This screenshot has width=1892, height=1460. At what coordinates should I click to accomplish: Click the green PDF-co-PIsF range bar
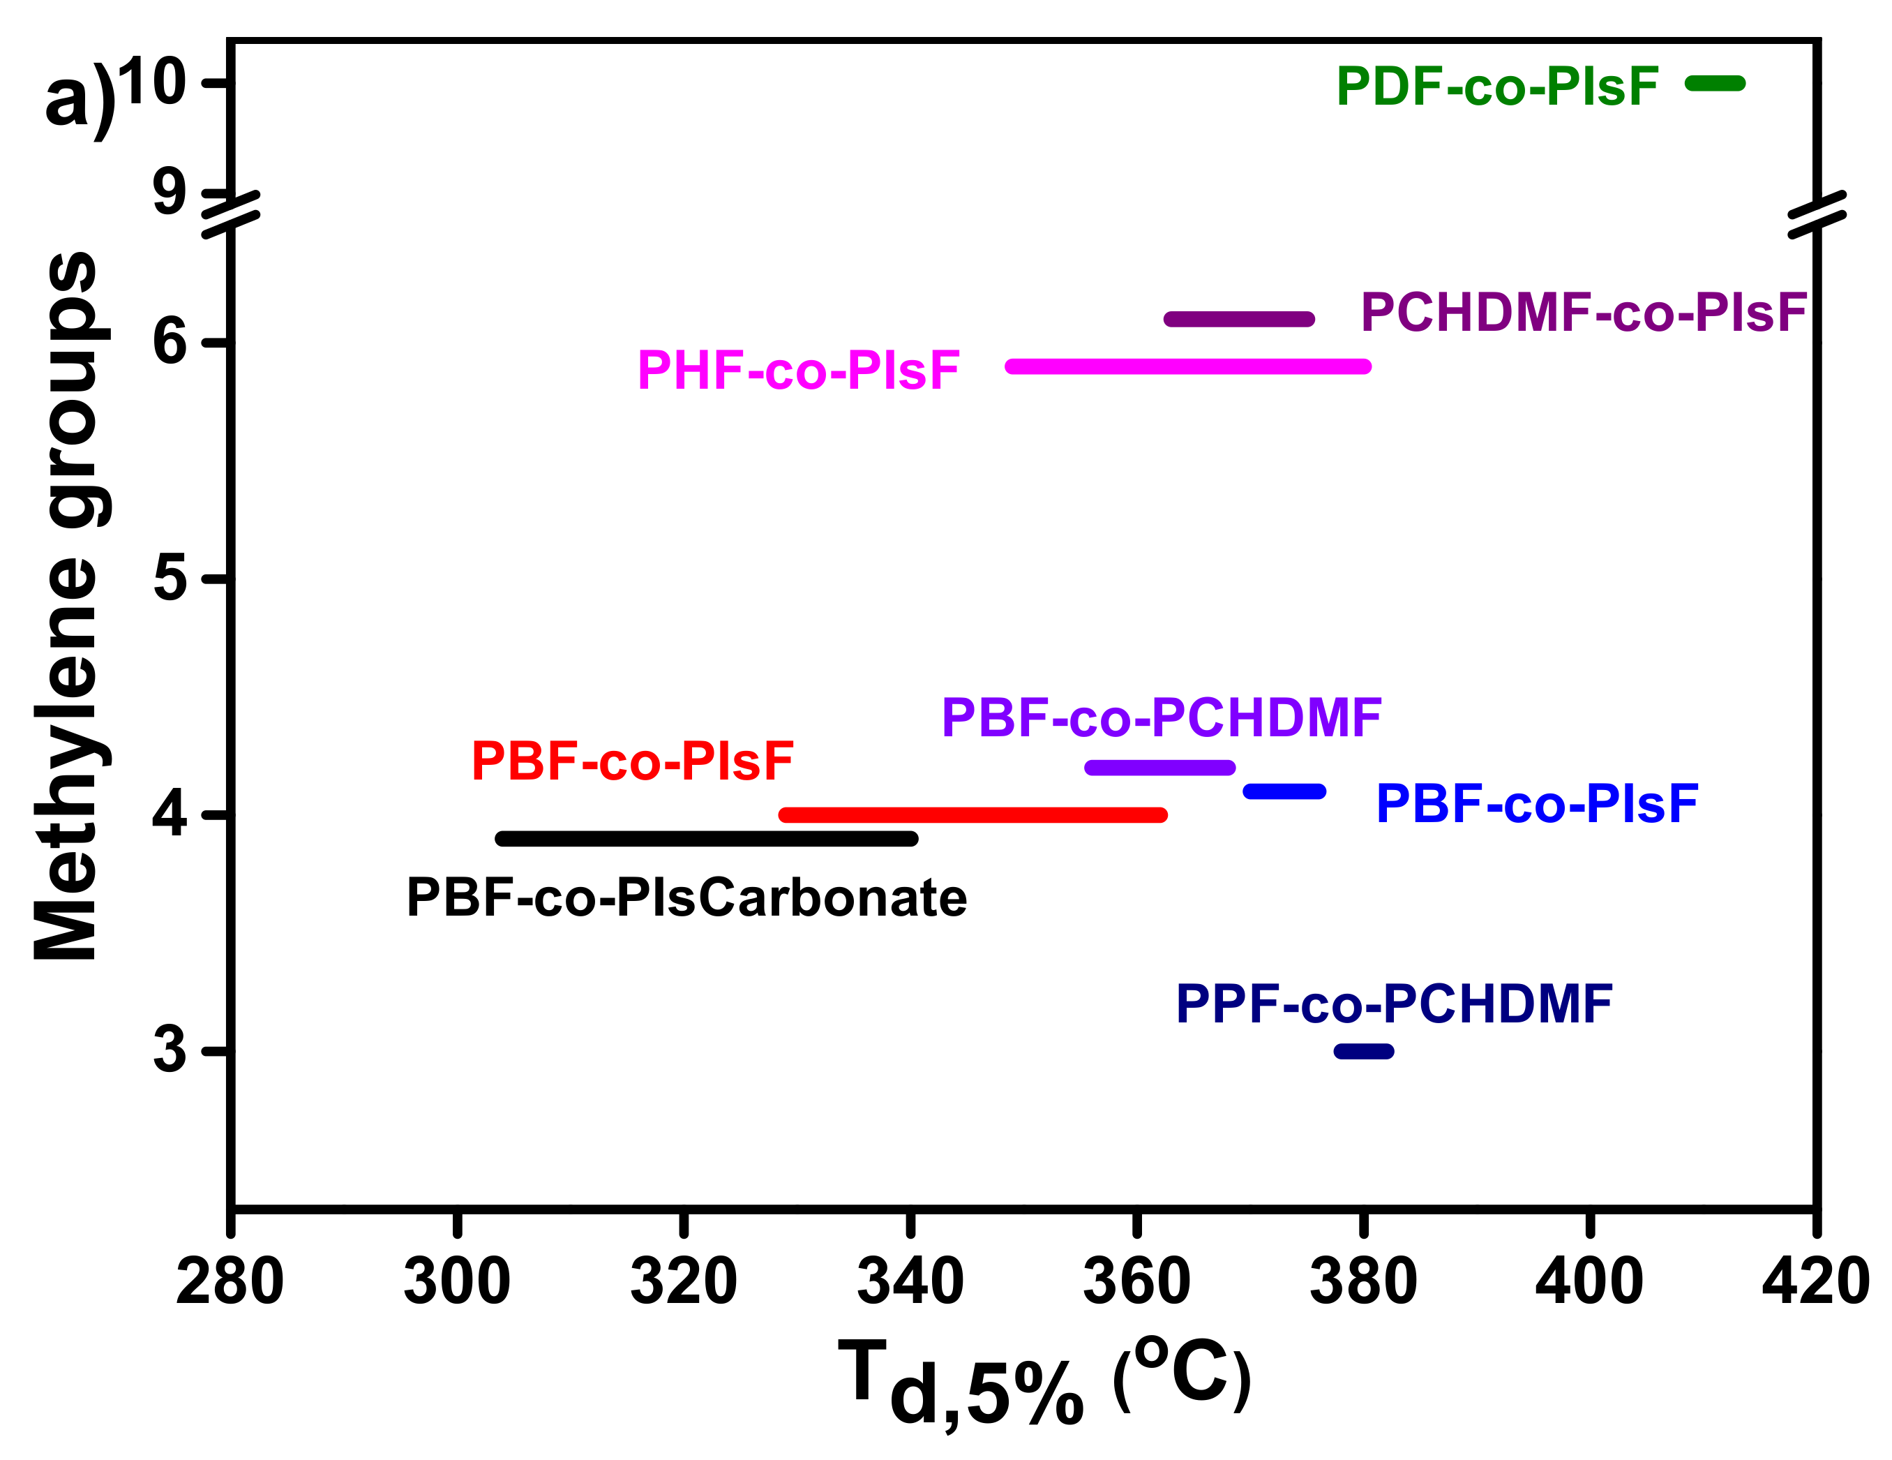pyautogui.click(x=1714, y=83)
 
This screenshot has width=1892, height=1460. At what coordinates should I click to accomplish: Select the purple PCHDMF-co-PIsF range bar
pyautogui.click(x=1239, y=319)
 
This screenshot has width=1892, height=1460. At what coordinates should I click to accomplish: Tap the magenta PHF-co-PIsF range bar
pyautogui.click(x=1187, y=366)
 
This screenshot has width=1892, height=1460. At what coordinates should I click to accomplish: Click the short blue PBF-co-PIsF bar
pyautogui.click(x=1284, y=791)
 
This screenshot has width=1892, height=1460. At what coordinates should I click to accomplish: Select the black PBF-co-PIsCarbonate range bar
pyautogui.click(x=707, y=839)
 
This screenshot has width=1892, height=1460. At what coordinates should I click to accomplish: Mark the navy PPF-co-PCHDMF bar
pyautogui.click(x=1364, y=1051)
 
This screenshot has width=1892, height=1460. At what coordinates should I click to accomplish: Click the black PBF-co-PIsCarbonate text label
pyautogui.click(x=686, y=897)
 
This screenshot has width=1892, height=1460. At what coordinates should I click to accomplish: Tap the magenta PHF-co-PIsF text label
pyautogui.click(x=798, y=371)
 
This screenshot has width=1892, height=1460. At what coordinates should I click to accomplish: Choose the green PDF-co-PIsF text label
pyautogui.click(x=1497, y=87)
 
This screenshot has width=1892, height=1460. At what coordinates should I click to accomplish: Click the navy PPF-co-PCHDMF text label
pyautogui.click(x=1394, y=1004)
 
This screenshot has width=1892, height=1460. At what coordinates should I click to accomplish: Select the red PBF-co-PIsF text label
pyautogui.click(x=631, y=761)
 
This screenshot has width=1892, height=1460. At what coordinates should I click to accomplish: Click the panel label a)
pyautogui.click(x=80, y=97)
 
